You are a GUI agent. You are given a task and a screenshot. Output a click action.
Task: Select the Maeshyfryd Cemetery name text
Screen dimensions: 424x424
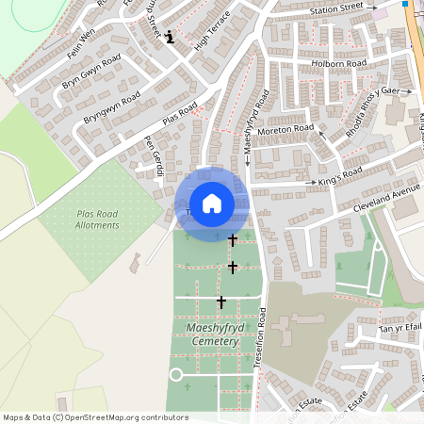click(206, 334)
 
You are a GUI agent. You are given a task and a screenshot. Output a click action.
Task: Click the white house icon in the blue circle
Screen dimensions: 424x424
click(212, 204)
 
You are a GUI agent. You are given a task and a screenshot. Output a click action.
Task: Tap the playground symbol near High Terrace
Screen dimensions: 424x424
click(170, 38)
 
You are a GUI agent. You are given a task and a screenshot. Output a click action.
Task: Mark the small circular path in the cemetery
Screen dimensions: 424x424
click(175, 375)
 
